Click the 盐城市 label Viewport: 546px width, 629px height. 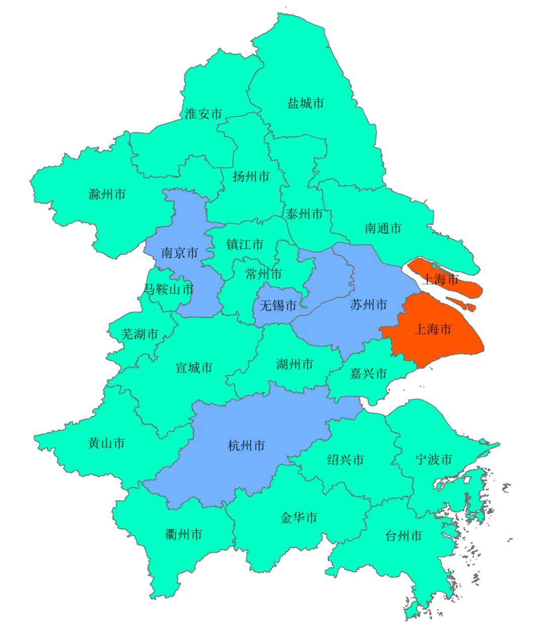click(x=306, y=104)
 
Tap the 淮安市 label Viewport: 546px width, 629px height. click(x=203, y=114)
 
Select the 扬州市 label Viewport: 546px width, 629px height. click(x=251, y=176)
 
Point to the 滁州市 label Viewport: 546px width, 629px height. click(x=107, y=194)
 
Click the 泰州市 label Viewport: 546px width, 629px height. click(x=304, y=214)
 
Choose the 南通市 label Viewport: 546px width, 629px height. click(x=383, y=228)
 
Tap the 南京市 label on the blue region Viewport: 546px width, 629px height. click(x=179, y=253)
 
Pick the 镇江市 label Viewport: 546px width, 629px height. click(x=245, y=245)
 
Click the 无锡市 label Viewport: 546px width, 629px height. click(x=278, y=305)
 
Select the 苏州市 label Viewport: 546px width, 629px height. click(x=369, y=304)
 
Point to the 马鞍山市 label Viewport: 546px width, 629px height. click(x=169, y=290)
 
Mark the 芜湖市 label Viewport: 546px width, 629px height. click(x=140, y=334)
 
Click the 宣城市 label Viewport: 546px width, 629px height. click(x=194, y=368)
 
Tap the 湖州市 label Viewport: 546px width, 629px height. click(x=295, y=364)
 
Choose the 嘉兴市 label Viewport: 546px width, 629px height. click(x=369, y=374)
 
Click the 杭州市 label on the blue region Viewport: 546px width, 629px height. click(x=247, y=445)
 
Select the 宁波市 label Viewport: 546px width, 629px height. click(x=434, y=460)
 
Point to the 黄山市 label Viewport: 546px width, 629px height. click(x=106, y=443)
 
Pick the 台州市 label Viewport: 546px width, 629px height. click(x=403, y=536)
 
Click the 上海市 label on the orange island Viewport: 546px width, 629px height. click(x=440, y=279)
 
